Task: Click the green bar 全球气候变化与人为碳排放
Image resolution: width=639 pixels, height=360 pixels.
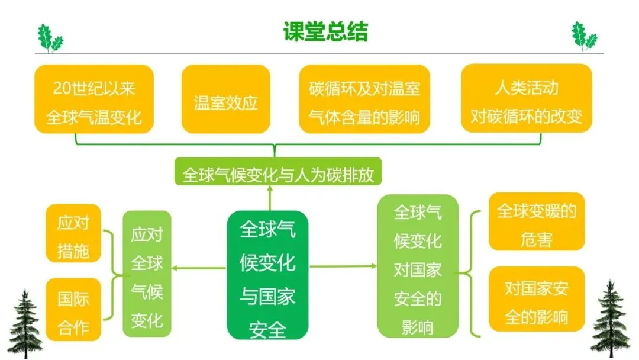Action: coord(278,175)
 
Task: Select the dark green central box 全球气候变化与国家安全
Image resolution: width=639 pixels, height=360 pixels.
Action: coord(268,275)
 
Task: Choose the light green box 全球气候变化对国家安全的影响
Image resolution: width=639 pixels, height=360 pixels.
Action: coord(418,269)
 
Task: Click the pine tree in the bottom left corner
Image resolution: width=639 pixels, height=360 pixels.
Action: coord(25,323)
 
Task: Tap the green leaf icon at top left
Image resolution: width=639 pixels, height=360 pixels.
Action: coord(49,38)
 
